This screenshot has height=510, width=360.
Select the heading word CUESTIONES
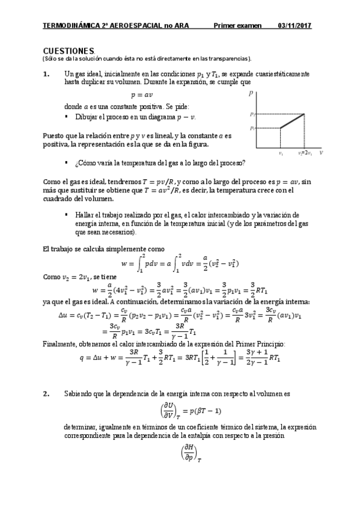(69, 51)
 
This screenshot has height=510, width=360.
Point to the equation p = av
(142, 94)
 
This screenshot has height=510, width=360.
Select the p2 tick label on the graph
(253, 114)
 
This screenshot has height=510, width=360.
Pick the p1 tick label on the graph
(253, 128)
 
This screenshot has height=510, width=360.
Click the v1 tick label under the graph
(281, 153)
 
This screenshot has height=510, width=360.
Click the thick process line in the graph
(292, 121)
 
